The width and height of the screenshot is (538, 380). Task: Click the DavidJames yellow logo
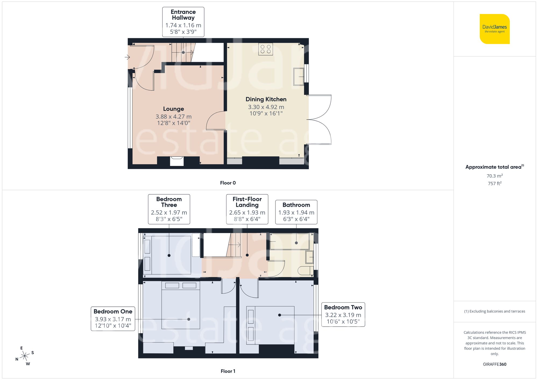[494, 29]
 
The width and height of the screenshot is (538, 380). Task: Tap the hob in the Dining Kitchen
[266, 49]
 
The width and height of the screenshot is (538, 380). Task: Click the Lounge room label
[174, 109]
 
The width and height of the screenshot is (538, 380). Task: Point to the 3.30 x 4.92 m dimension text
[266, 107]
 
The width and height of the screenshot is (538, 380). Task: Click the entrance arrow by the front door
[127, 57]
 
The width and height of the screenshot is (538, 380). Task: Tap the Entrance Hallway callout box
[183, 22]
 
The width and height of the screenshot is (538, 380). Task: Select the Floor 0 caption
[228, 183]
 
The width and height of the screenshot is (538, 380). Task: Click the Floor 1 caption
[228, 371]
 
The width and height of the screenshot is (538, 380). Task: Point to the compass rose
[25, 356]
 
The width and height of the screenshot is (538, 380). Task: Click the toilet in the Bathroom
[306, 271]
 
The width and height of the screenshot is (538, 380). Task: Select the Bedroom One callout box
[113, 319]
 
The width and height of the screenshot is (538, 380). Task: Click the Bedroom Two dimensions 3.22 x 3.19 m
[343, 315]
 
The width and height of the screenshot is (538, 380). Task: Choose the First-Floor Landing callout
[247, 209]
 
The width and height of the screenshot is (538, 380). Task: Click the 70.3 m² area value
[494, 176]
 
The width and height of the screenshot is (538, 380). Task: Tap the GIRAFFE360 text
[494, 364]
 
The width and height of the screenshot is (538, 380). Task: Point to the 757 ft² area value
[494, 183]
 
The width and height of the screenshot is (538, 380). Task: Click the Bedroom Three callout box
[169, 209]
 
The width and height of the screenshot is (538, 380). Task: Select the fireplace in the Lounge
[177, 161]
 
